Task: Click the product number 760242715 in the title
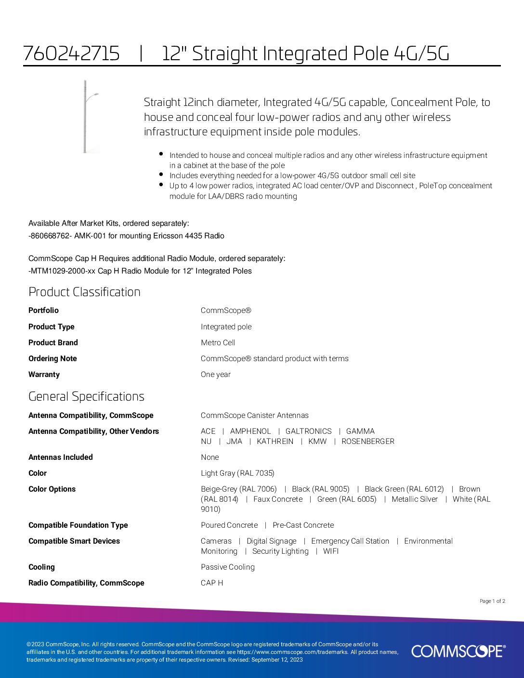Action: (71, 53)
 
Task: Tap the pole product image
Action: (88, 117)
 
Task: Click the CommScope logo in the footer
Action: (458, 651)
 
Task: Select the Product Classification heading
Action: (84, 292)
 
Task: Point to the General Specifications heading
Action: (86, 396)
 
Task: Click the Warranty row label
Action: (44, 374)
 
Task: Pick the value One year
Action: (215, 374)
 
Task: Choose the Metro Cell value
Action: (218, 342)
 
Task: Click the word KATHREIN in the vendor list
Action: (275, 441)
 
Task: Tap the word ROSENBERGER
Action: (368, 441)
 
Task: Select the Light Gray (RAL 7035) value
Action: (237, 473)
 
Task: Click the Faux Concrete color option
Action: (278, 499)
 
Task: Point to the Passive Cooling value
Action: (227, 567)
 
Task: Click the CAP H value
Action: (212, 583)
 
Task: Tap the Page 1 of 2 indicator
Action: (492, 601)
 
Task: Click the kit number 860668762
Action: (48, 235)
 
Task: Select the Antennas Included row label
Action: (61, 457)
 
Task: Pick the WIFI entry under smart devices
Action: (331, 551)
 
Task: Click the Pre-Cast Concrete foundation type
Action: (303, 525)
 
